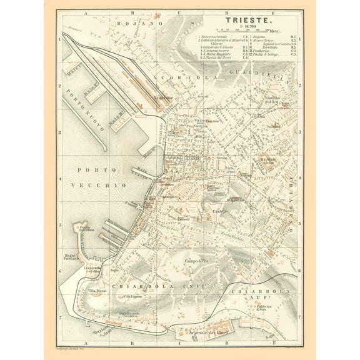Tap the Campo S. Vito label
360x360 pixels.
(x=199, y=259)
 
